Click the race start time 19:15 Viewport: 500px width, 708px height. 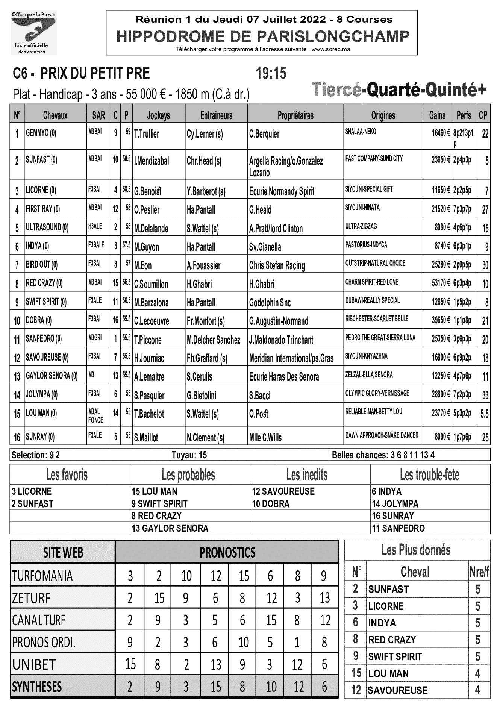271,73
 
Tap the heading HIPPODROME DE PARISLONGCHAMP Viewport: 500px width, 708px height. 262,36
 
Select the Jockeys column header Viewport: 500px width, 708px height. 158,115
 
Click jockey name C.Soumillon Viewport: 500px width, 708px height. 151,284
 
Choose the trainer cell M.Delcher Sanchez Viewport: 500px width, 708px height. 213,340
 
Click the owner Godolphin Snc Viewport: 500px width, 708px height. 270,303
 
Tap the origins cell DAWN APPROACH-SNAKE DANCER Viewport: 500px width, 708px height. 382,435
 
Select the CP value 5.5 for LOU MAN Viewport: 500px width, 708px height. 484,414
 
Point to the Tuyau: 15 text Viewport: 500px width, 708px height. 189,455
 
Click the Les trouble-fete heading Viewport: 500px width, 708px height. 429,475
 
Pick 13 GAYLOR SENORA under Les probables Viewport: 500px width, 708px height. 170,528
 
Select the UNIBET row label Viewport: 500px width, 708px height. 34,664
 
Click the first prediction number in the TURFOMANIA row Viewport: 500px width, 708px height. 130,576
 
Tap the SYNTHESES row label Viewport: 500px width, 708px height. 37,687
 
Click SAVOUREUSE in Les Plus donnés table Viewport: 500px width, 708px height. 397,690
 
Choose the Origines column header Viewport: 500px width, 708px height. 383,115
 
